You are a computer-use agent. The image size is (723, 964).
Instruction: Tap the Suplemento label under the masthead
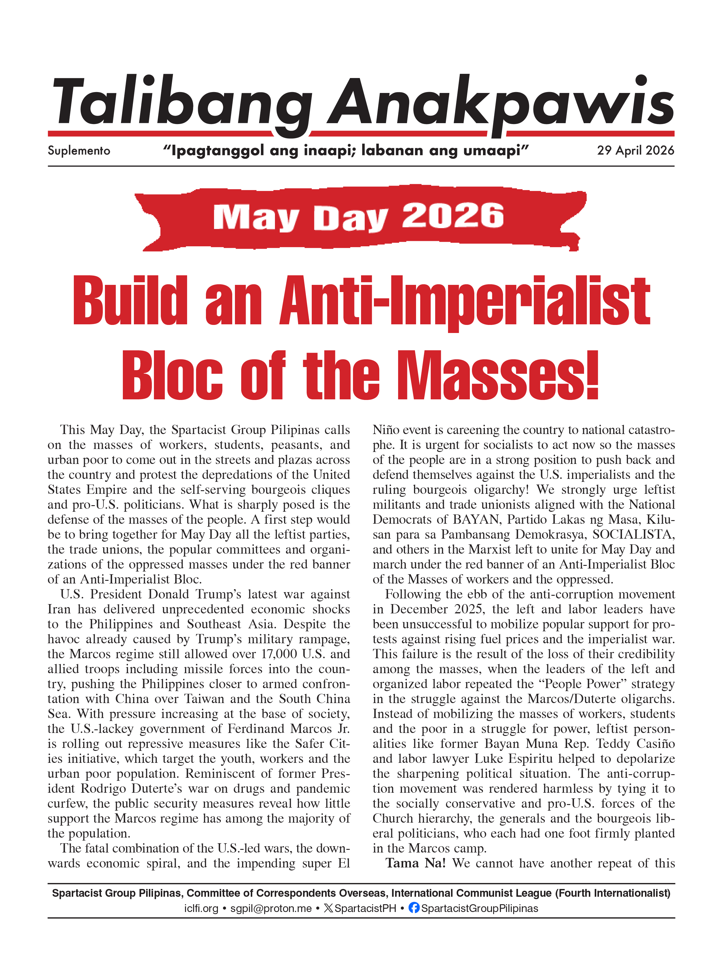tap(79, 151)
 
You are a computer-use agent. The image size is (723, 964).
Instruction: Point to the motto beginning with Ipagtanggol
tap(346, 150)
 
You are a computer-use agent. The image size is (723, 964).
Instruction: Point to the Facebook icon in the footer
tap(414, 908)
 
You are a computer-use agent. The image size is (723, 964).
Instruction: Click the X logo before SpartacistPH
tap(328, 908)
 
